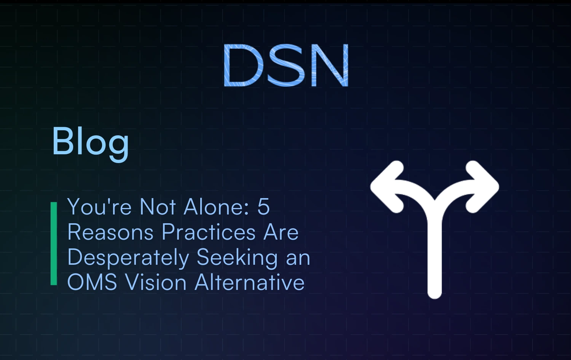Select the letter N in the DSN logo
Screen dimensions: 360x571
[330, 65]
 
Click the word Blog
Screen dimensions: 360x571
[91, 142]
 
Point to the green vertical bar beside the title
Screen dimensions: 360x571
[54, 244]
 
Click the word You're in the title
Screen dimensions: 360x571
[100, 207]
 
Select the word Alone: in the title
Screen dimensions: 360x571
[216, 207]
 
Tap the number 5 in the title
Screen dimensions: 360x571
[263, 207]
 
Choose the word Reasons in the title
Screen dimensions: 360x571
[110, 232]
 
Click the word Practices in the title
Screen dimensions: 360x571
[209, 232]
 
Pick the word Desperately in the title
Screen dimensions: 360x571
[128, 258]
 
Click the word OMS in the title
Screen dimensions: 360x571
[92, 283]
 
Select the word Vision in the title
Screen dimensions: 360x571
[156, 283]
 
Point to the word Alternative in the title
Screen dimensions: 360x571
[250, 283]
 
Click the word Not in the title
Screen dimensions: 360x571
[158, 207]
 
